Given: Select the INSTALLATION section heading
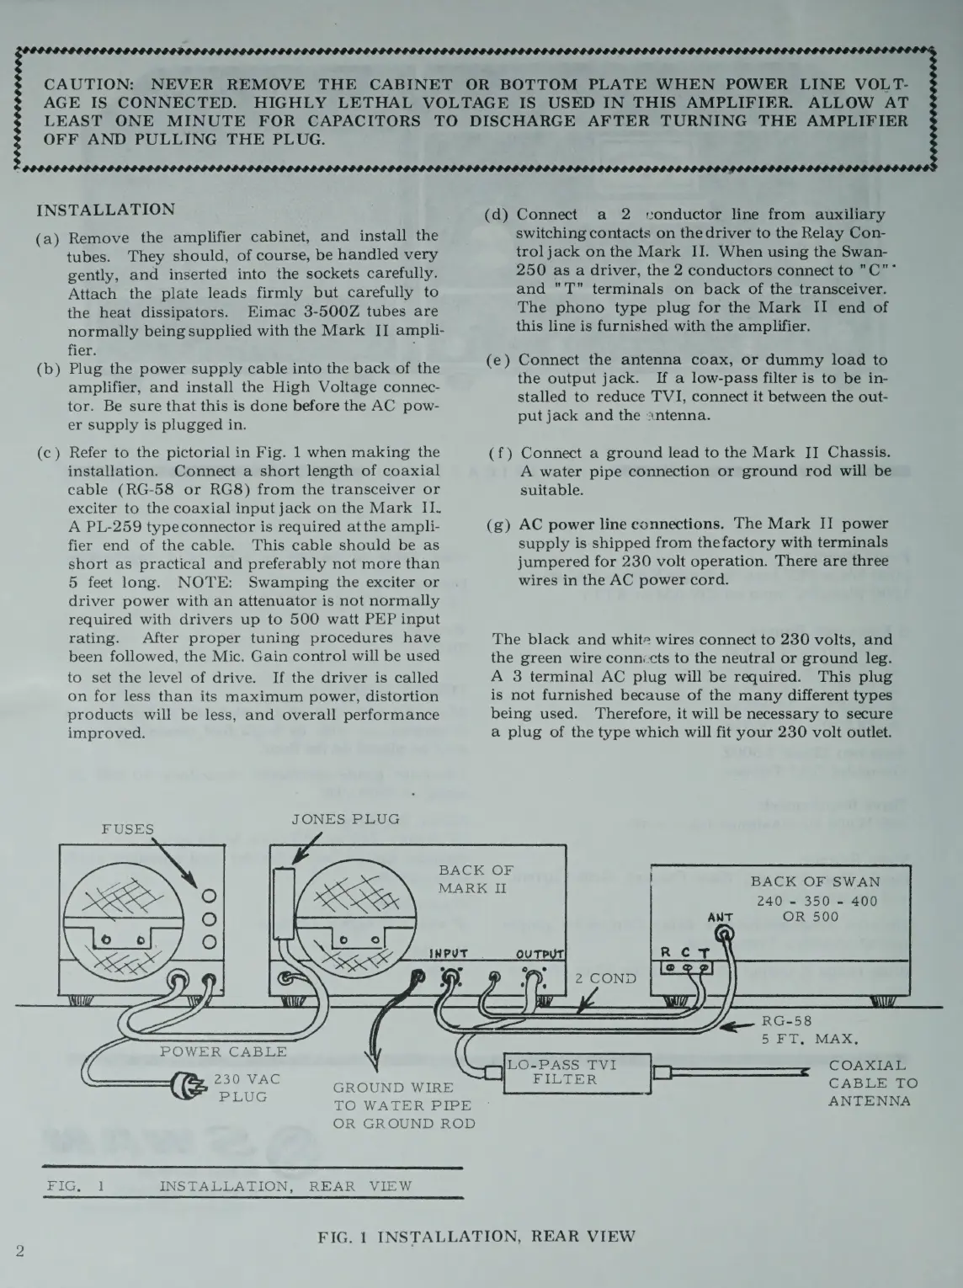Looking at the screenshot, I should click(x=107, y=210).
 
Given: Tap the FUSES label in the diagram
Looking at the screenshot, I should click(x=128, y=828).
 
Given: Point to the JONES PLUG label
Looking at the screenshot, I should click(x=345, y=819).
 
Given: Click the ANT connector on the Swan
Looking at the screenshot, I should click(x=722, y=933).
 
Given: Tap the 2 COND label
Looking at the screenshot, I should click(x=605, y=978).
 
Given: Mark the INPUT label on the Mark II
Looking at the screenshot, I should click(x=449, y=955).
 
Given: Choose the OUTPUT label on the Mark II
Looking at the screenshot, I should click(x=539, y=955).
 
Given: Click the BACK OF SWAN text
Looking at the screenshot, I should click(x=815, y=881).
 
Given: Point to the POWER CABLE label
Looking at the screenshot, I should click(x=223, y=1051).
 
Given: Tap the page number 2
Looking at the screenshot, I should click(x=19, y=1250).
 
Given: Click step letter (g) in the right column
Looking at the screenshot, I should click(x=498, y=525).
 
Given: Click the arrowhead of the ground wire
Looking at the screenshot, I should click(x=365, y=1063).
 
